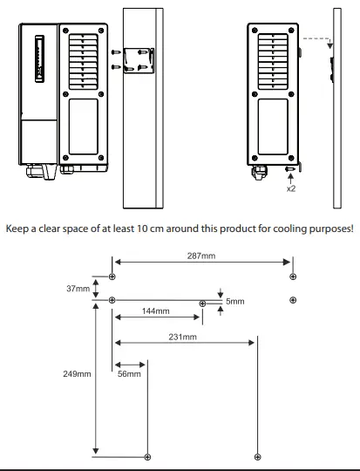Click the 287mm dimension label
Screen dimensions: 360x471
201,256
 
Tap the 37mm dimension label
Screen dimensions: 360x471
78,289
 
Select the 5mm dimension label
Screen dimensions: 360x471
235,301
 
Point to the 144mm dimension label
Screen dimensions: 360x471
155,311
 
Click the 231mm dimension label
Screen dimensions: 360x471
182,337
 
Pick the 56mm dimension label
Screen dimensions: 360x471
129,374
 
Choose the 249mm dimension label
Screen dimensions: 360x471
77,374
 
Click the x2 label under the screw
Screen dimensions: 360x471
291,188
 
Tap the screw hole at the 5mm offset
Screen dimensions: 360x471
202,304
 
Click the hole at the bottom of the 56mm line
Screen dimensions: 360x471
147,457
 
